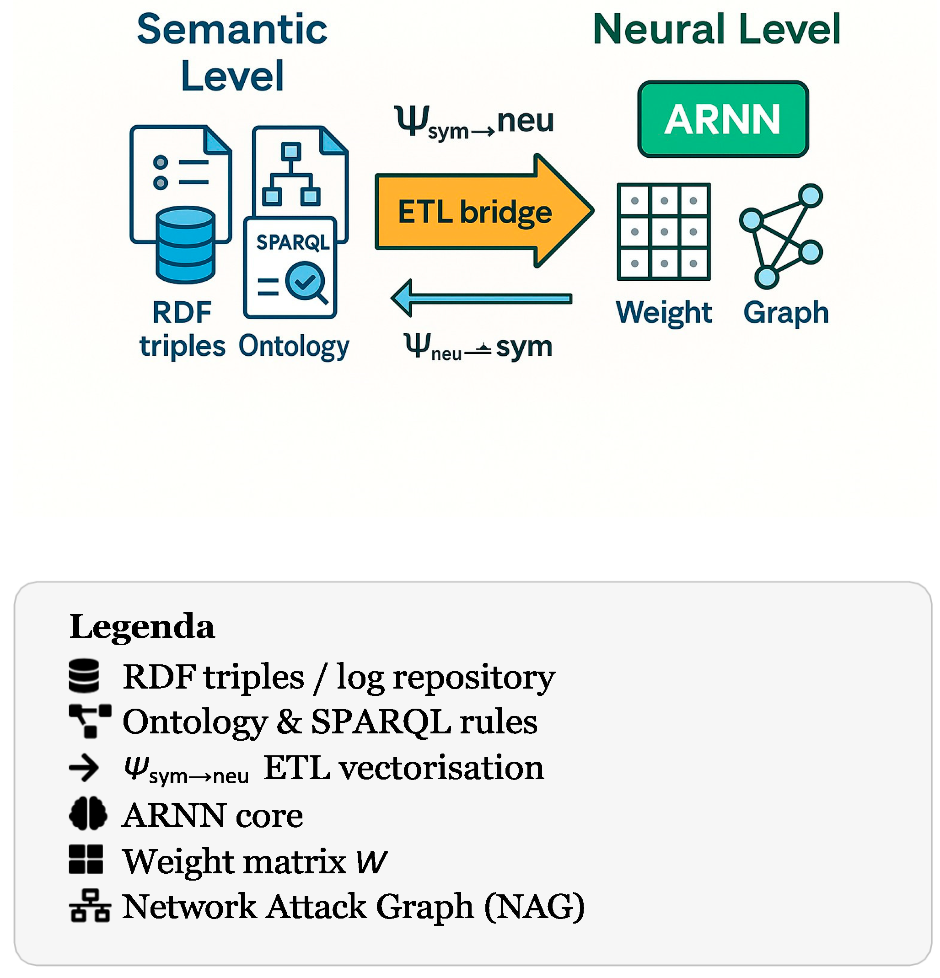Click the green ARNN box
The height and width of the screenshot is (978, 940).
point(722,119)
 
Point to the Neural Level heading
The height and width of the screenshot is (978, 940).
point(716,29)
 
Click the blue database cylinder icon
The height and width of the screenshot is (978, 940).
point(185,245)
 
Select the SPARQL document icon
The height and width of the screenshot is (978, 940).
point(290,267)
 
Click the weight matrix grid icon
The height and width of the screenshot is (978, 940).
point(663,231)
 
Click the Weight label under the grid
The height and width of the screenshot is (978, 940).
point(663,313)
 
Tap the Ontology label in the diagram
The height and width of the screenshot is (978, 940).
point(294,346)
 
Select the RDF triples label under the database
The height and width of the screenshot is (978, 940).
point(182,329)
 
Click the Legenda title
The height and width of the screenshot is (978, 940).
point(142,626)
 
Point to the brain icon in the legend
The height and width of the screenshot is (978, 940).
point(88,814)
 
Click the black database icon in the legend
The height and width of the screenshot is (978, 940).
point(84,676)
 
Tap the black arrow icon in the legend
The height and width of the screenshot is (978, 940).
point(84,767)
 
